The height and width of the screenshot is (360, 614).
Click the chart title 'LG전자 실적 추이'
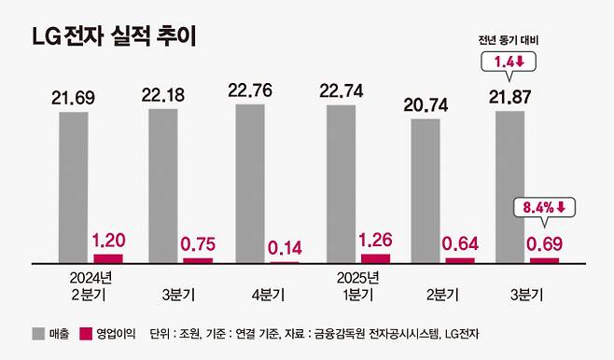[x=113, y=38]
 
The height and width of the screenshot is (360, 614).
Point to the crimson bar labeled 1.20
[x=108, y=257]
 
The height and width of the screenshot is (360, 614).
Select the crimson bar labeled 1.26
[x=375, y=257]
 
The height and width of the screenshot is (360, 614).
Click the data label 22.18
[x=161, y=95]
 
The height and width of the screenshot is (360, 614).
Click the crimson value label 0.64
[x=460, y=244]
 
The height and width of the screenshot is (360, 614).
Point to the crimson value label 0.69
[x=545, y=244]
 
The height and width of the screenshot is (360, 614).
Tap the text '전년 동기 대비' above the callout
[x=509, y=40]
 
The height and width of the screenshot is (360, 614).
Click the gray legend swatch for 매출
[x=38, y=334]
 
